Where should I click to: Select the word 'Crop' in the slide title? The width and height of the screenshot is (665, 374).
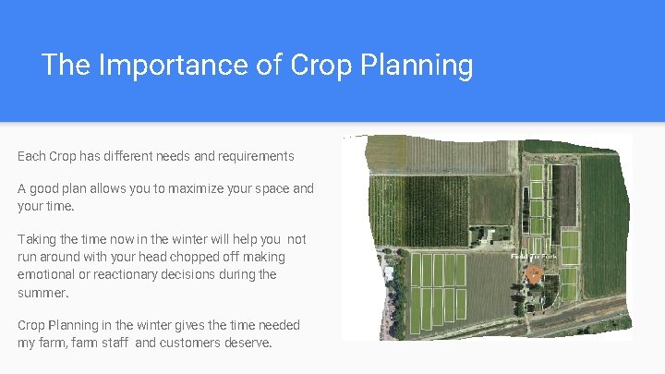click(320, 66)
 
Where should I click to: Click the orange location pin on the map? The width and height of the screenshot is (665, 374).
click(534, 274)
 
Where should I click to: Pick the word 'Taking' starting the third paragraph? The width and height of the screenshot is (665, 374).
click(36, 239)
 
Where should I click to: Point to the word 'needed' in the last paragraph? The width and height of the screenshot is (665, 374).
click(279, 325)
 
